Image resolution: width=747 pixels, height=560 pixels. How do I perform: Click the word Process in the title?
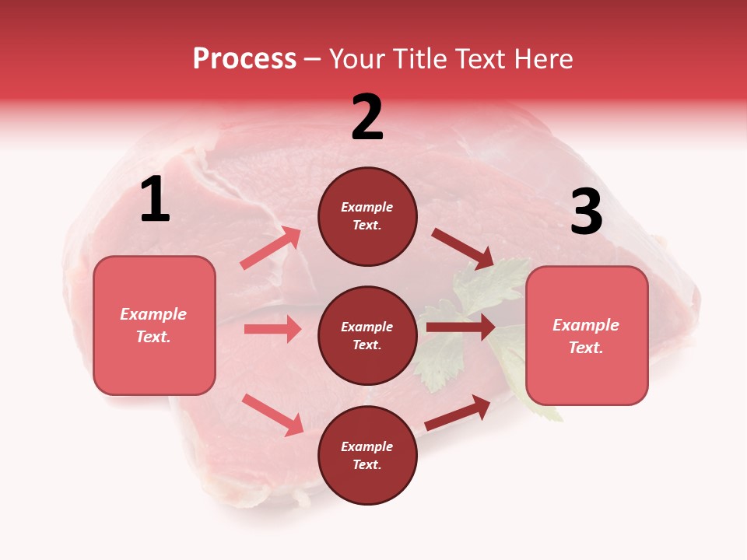pos(244,59)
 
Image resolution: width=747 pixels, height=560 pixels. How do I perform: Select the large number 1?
pos(155,200)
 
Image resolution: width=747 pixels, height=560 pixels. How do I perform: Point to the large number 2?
pos(367,117)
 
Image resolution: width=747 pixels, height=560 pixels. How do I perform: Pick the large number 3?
pos(586,212)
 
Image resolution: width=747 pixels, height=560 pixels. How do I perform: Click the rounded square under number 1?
pos(154,325)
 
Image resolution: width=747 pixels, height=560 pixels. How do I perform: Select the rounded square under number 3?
pos(587,336)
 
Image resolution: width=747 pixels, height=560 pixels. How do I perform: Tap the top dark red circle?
pos(367,216)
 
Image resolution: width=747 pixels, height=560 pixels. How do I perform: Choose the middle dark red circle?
pos(367,336)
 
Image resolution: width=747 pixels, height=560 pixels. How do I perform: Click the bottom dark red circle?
pos(367,456)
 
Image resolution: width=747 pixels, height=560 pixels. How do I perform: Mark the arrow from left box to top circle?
pos(272,248)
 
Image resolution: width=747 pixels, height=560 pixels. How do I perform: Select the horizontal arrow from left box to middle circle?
pos(273,329)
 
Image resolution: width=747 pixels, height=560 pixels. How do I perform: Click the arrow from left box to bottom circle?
pos(273,415)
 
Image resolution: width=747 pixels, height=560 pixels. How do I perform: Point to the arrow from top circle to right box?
pos(463,248)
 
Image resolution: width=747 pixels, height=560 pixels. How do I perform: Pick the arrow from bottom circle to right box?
pos(458,413)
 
